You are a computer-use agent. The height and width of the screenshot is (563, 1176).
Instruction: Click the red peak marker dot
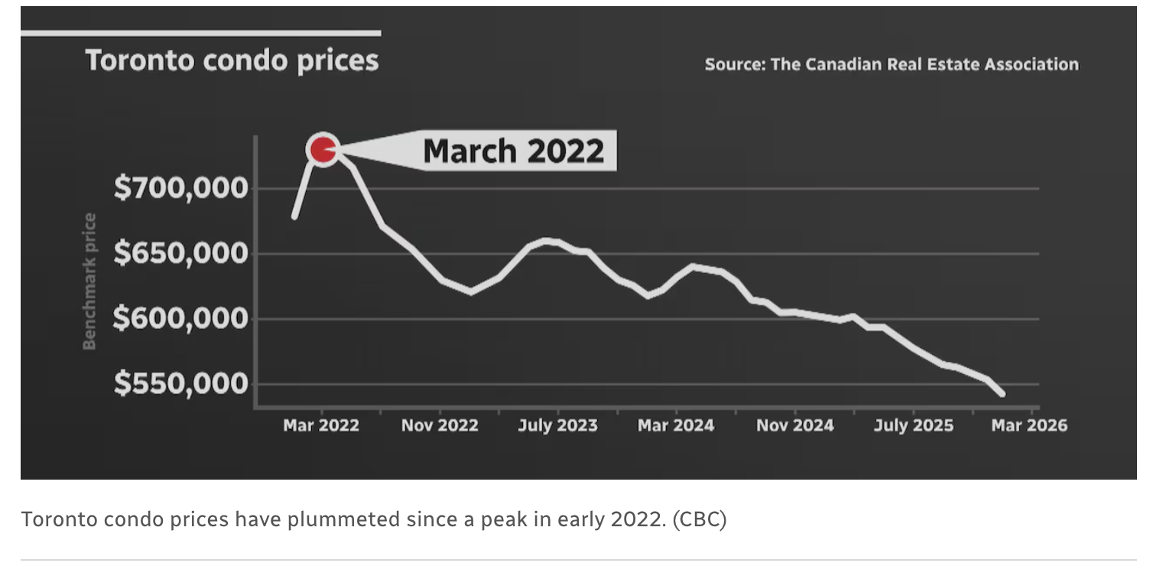click(323, 150)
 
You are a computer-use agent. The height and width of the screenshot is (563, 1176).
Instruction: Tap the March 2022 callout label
click(513, 151)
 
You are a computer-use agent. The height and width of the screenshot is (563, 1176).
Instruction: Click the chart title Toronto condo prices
click(232, 60)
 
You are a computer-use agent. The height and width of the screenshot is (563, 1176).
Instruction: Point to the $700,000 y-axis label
click(181, 187)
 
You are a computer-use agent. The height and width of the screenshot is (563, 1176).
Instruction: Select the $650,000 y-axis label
click(181, 253)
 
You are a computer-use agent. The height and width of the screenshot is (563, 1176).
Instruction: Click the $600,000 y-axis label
click(180, 318)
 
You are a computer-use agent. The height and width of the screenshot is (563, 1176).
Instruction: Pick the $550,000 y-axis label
click(181, 383)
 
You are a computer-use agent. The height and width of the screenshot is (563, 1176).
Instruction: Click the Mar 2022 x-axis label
click(321, 425)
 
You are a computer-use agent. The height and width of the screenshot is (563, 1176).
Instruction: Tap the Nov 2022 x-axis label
click(440, 425)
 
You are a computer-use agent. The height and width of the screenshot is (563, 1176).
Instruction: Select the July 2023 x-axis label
click(557, 425)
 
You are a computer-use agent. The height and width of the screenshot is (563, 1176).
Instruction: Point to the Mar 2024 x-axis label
click(676, 425)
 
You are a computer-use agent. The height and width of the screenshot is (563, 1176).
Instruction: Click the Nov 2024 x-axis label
click(794, 425)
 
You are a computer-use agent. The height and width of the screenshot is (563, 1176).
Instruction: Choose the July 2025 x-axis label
click(913, 425)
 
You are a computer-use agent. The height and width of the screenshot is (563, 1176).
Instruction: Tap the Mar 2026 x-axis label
click(1028, 425)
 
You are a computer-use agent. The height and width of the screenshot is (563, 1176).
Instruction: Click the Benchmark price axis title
click(90, 281)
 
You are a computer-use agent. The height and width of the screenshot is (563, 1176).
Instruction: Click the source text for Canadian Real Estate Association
click(891, 64)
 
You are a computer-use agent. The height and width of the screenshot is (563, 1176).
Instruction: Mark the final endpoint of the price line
click(1002, 394)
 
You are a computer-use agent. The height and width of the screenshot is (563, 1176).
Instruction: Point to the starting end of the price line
click(294, 217)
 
